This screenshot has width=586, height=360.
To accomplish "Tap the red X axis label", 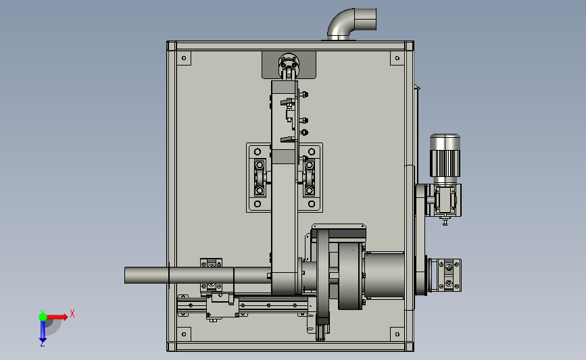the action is (x=72, y=313).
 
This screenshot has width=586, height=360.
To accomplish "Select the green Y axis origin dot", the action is (x=43, y=317).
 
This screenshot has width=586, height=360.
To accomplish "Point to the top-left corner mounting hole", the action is (x=184, y=58).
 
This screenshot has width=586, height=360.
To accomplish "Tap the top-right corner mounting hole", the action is (x=397, y=58).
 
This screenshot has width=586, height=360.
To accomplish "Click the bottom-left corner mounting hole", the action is (x=184, y=334).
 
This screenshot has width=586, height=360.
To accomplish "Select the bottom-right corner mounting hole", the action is (x=397, y=334).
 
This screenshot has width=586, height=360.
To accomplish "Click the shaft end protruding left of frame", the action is (x=147, y=275).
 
